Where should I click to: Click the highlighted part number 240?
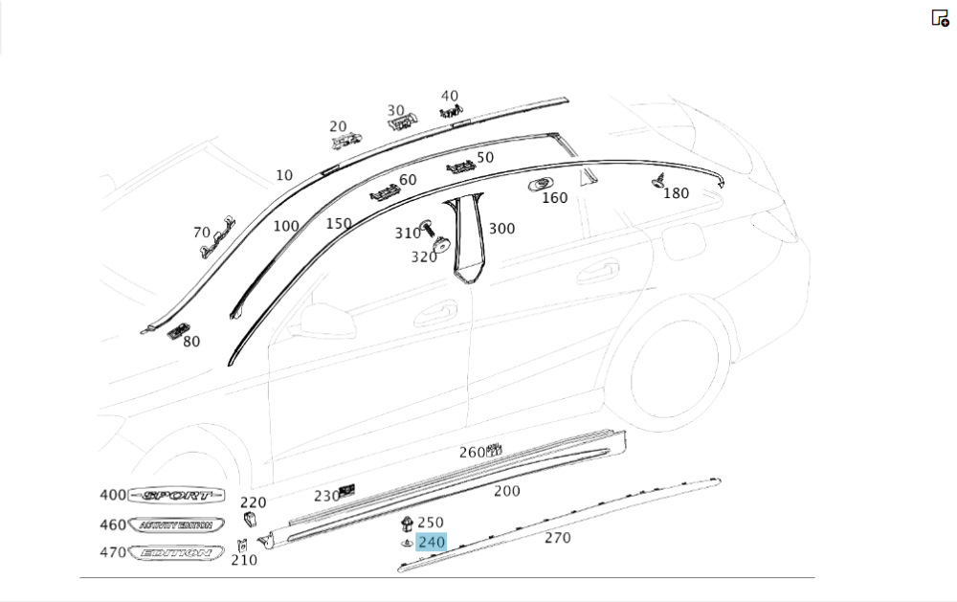[x=432, y=542]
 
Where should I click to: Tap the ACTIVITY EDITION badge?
[x=176, y=525]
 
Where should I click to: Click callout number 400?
[x=113, y=495]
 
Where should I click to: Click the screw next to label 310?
[x=430, y=228]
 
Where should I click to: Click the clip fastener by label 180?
[x=660, y=179]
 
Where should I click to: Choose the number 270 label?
[x=557, y=538]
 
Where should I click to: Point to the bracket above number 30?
[x=402, y=119]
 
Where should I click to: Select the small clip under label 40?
[x=451, y=112]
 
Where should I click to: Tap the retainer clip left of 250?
[x=407, y=524]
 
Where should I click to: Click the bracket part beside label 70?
[x=217, y=237]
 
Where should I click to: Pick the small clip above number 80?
[x=176, y=331]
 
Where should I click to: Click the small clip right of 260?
[x=495, y=448]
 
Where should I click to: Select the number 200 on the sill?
[x=506, y=491]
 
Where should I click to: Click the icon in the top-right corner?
[x=940, y=17]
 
